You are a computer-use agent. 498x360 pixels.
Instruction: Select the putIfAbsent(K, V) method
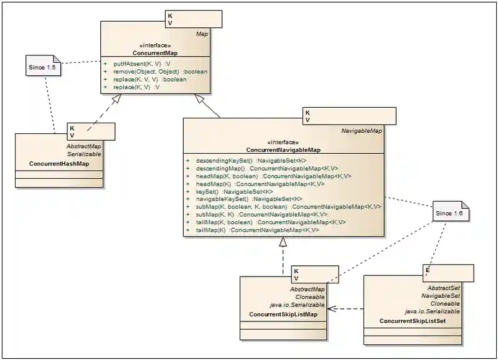click(x=138, y=64)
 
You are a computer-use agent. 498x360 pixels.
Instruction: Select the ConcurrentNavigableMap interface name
click(x=283, y=150)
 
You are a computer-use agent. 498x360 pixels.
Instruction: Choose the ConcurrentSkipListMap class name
click(x=283, y=315)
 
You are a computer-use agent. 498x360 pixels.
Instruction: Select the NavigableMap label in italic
click(x=362, y=131)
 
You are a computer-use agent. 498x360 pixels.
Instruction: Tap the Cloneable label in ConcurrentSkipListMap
click(x=311, y=297)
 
